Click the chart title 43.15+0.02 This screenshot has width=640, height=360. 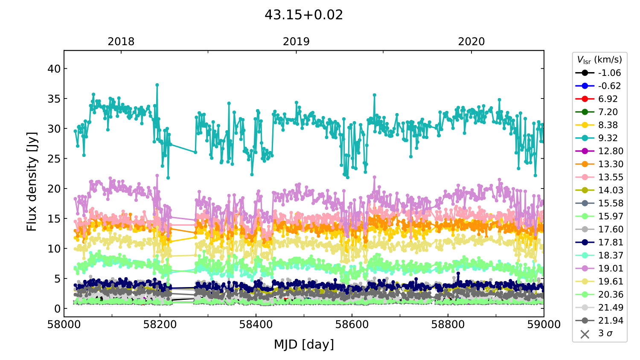tap(303, 15)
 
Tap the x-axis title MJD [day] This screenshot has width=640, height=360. tap(304, 344)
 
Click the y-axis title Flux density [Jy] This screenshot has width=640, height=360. tap(32, 181)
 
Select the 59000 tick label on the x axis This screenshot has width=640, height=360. tap(544, 325)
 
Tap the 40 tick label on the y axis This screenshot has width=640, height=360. tap(54, 69)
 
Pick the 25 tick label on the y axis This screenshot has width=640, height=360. tap(54, 159)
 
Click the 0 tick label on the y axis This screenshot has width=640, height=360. tap(58, 309)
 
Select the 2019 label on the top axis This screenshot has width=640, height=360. tap(296, 41)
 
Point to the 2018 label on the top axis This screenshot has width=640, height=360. tap(121, 41)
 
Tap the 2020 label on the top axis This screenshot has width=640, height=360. tap(471, 41)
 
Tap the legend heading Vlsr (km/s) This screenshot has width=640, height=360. tap(599, 60)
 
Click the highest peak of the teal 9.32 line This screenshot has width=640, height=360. tap(157, 85)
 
